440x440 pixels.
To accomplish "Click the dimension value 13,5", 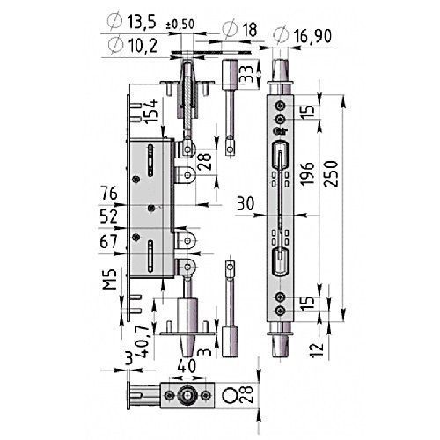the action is [x=142, y=22].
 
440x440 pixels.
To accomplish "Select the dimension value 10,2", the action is [x=143, y=46].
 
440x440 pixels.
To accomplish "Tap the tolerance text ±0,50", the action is [x=180, y=25].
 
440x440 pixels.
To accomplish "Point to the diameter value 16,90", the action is [x=312, y=36].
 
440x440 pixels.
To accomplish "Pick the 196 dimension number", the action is [x=307, y=173].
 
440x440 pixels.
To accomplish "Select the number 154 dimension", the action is [x=151, y=112].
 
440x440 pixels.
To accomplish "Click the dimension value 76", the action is [x=108, y=194].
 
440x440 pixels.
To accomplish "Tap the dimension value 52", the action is [x=108, y=216].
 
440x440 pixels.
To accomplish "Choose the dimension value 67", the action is [x=108, y=242].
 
